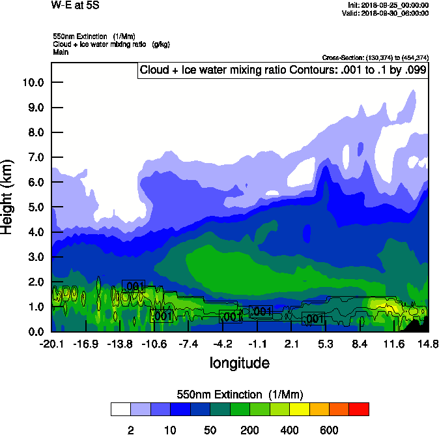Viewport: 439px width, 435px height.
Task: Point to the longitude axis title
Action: coord(239,363)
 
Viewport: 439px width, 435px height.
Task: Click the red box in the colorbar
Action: coord(359,409)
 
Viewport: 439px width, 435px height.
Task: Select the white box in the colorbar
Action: coord(121,409)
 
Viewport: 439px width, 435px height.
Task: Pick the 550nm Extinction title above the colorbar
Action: coord(240,395)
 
